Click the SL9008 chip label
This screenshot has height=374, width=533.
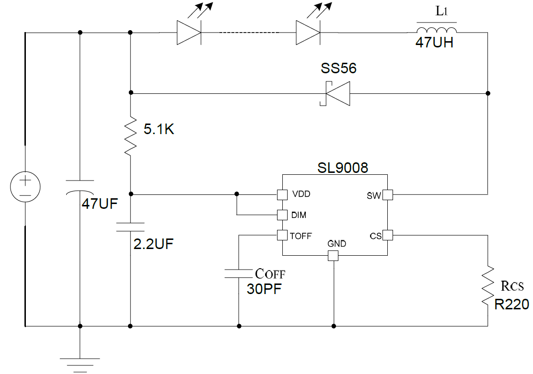tap(343, 168)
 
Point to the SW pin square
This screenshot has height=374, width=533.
tap(387, 194)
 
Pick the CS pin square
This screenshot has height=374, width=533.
tap(387, 235)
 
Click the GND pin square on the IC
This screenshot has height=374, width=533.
tap(333, 256)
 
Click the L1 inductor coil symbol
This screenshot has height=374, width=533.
tap(432, 30)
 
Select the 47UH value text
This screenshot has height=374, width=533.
tap(434, 43)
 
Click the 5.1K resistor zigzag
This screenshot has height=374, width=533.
tap(130, 137)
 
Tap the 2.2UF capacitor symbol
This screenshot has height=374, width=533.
tap(130, 227)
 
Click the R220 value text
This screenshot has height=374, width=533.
tap(512, 304)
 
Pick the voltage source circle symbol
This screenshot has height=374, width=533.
tap(25, 187)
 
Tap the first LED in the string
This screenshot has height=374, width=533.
tap(189, 33)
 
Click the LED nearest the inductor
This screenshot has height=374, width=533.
tap(308, 33)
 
